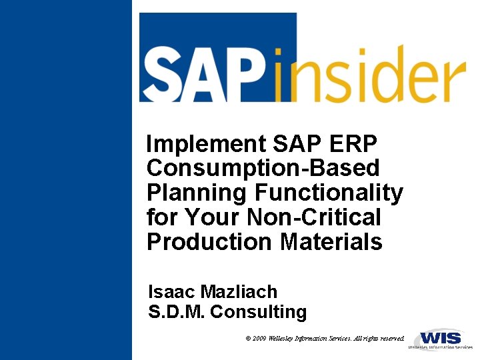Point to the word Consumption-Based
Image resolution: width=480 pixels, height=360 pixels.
pos(263,168)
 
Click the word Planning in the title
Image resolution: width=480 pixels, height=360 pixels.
pos(197,193)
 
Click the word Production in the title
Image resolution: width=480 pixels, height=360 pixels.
pos(211,242)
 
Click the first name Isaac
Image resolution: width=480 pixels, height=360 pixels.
pos(173,292)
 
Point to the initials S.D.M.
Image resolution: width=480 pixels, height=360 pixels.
pos(176,312)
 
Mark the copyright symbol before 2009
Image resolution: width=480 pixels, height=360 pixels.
pos(248,339)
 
